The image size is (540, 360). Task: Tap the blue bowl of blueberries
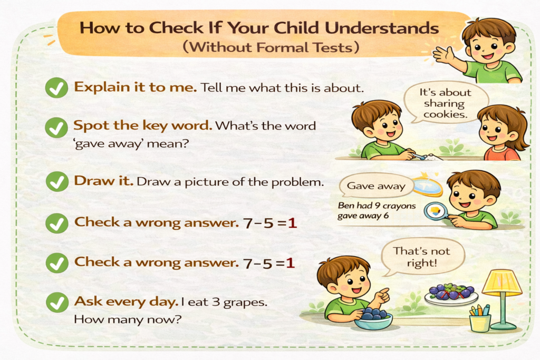373,318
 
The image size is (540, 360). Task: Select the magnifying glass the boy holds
436,211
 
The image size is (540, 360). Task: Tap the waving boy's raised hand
443,54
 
